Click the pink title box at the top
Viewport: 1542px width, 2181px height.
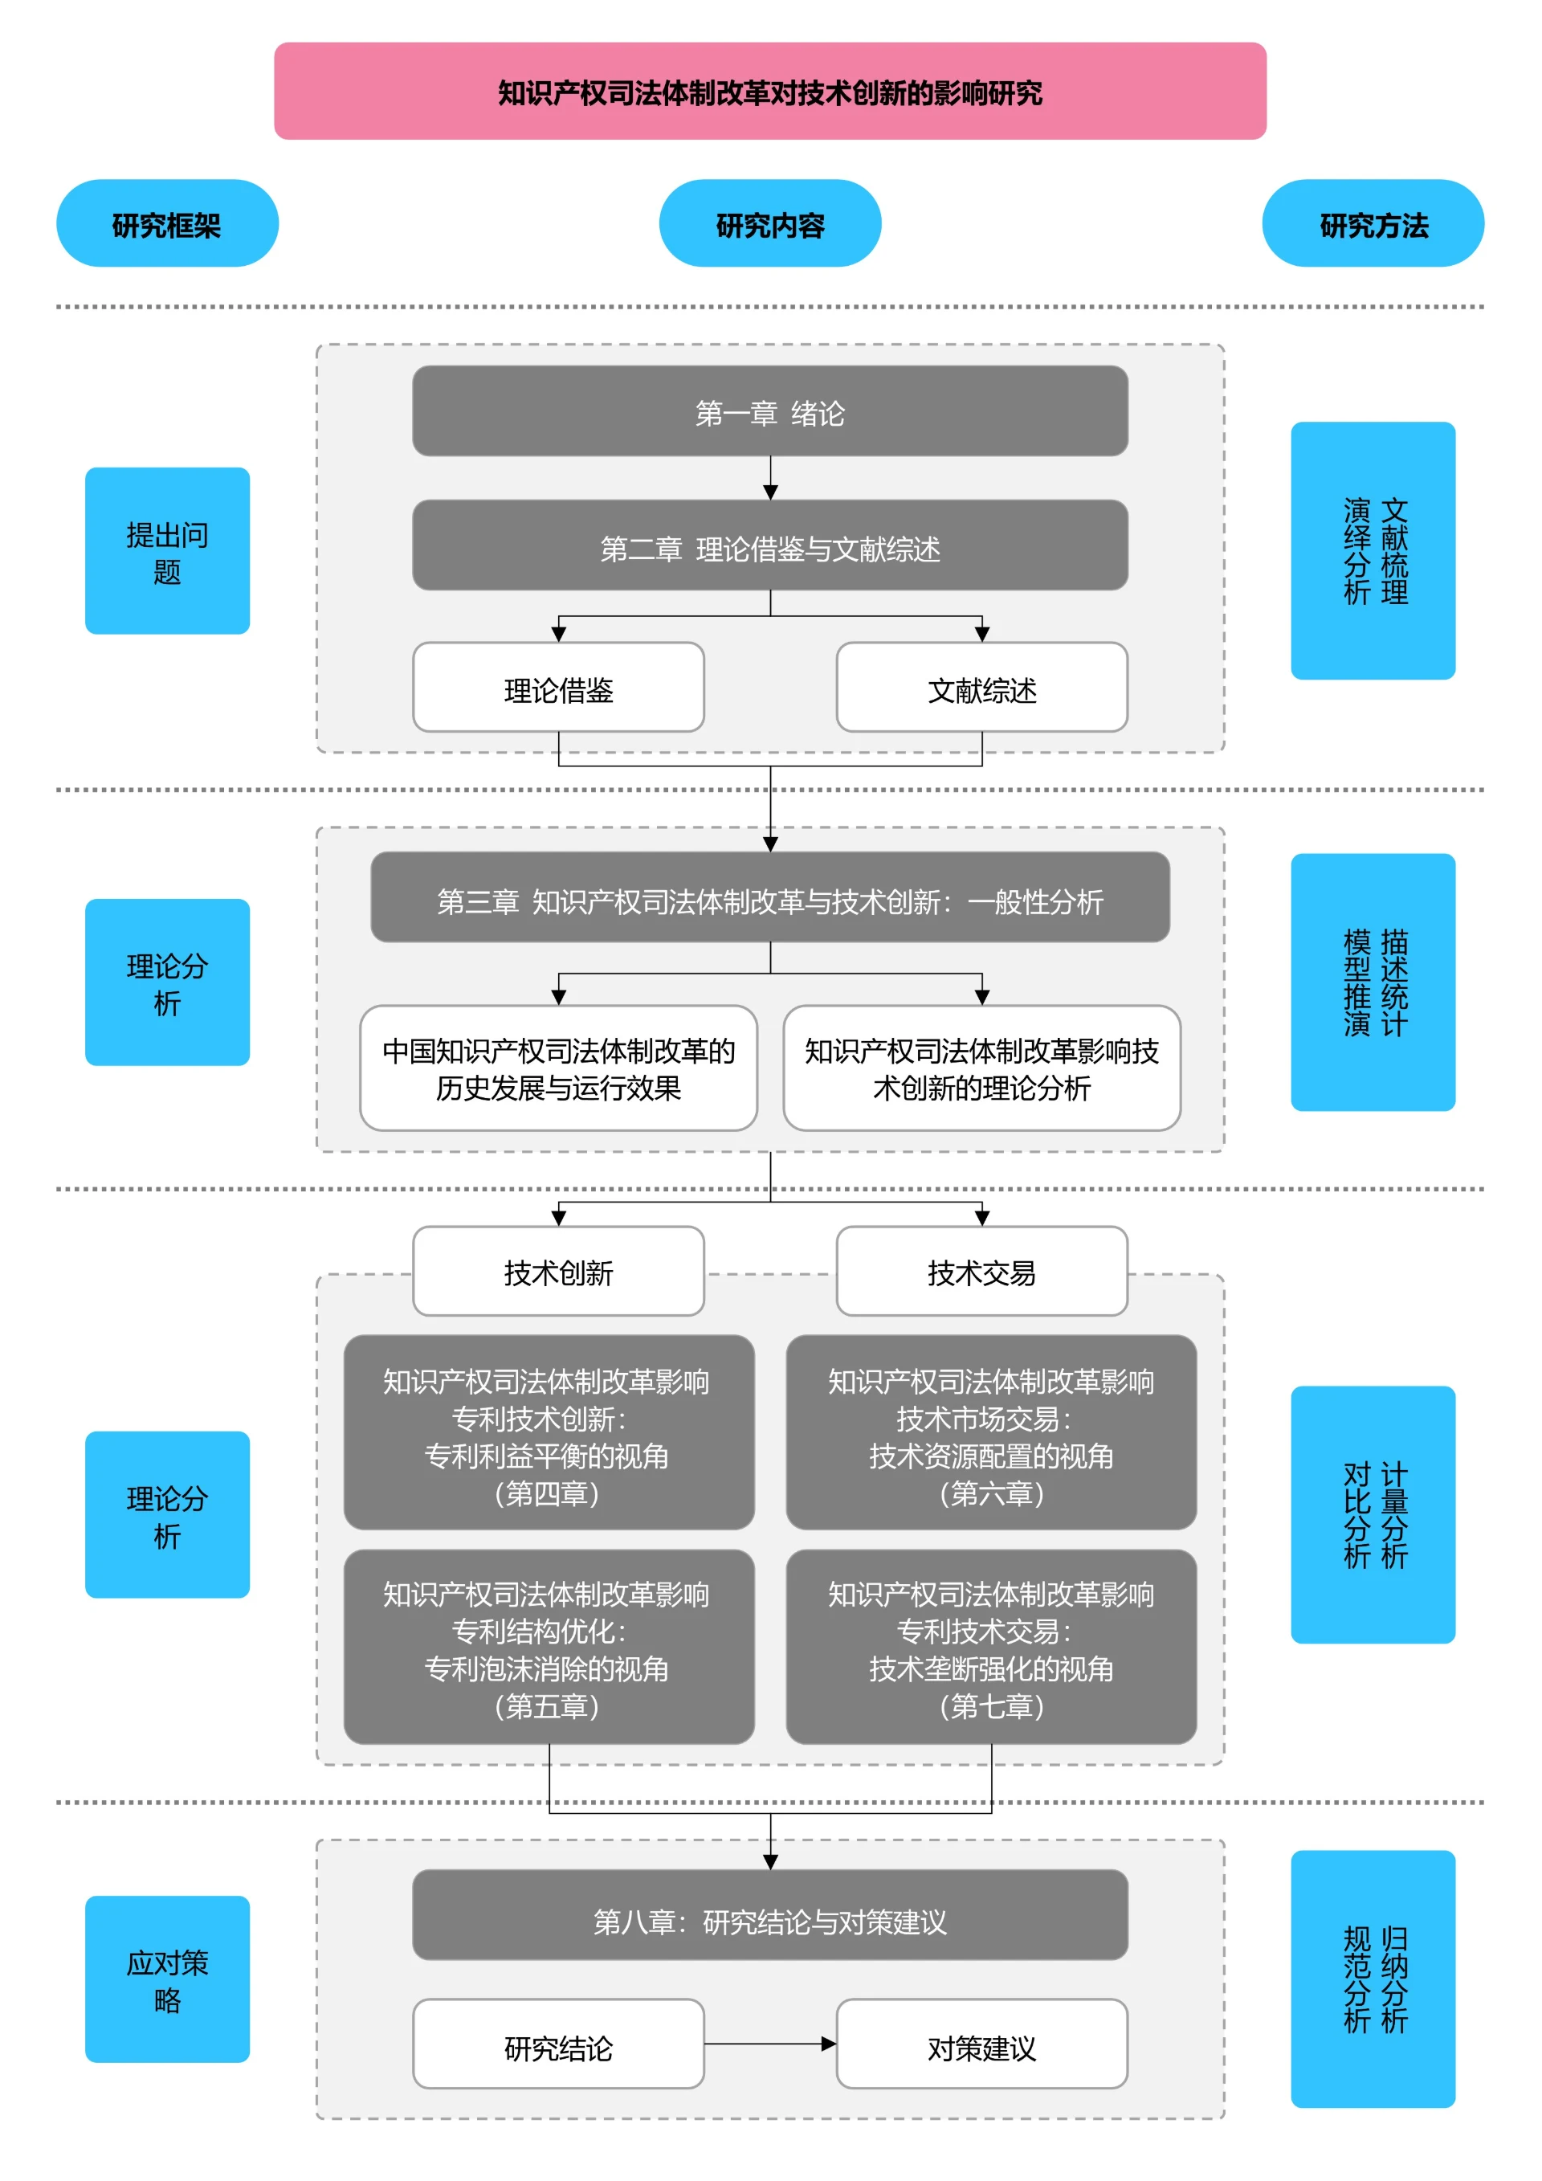click(x=770, y=92)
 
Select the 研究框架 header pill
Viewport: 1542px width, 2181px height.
click(x=167, y=223)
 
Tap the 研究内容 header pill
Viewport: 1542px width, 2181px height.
click(x=770, y=223)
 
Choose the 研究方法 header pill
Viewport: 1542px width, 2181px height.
click(x=1373, y=223)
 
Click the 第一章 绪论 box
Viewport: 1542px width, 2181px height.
click(x=770, y=411)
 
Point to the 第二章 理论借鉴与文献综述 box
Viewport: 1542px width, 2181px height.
click(x=770, y=546)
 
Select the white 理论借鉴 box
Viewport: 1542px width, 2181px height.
click(x=558, y=688)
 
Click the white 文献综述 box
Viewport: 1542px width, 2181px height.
click(x=981, y=688)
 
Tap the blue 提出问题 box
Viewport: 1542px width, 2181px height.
click(x=167, y=551)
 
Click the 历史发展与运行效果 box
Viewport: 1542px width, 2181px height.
click(x=558, y=1068)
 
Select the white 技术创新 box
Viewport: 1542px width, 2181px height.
click(x=558, y=1271)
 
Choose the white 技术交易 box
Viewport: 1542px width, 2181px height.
click(x=981, y=1271)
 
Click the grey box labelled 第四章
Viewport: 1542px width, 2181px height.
click(x=549, y=1432)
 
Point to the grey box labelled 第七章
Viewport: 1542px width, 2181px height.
click(x=991, y=1647)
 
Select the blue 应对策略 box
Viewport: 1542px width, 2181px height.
click(x=167, y=1979)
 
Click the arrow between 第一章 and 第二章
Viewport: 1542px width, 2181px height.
click(x=770, y=478)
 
